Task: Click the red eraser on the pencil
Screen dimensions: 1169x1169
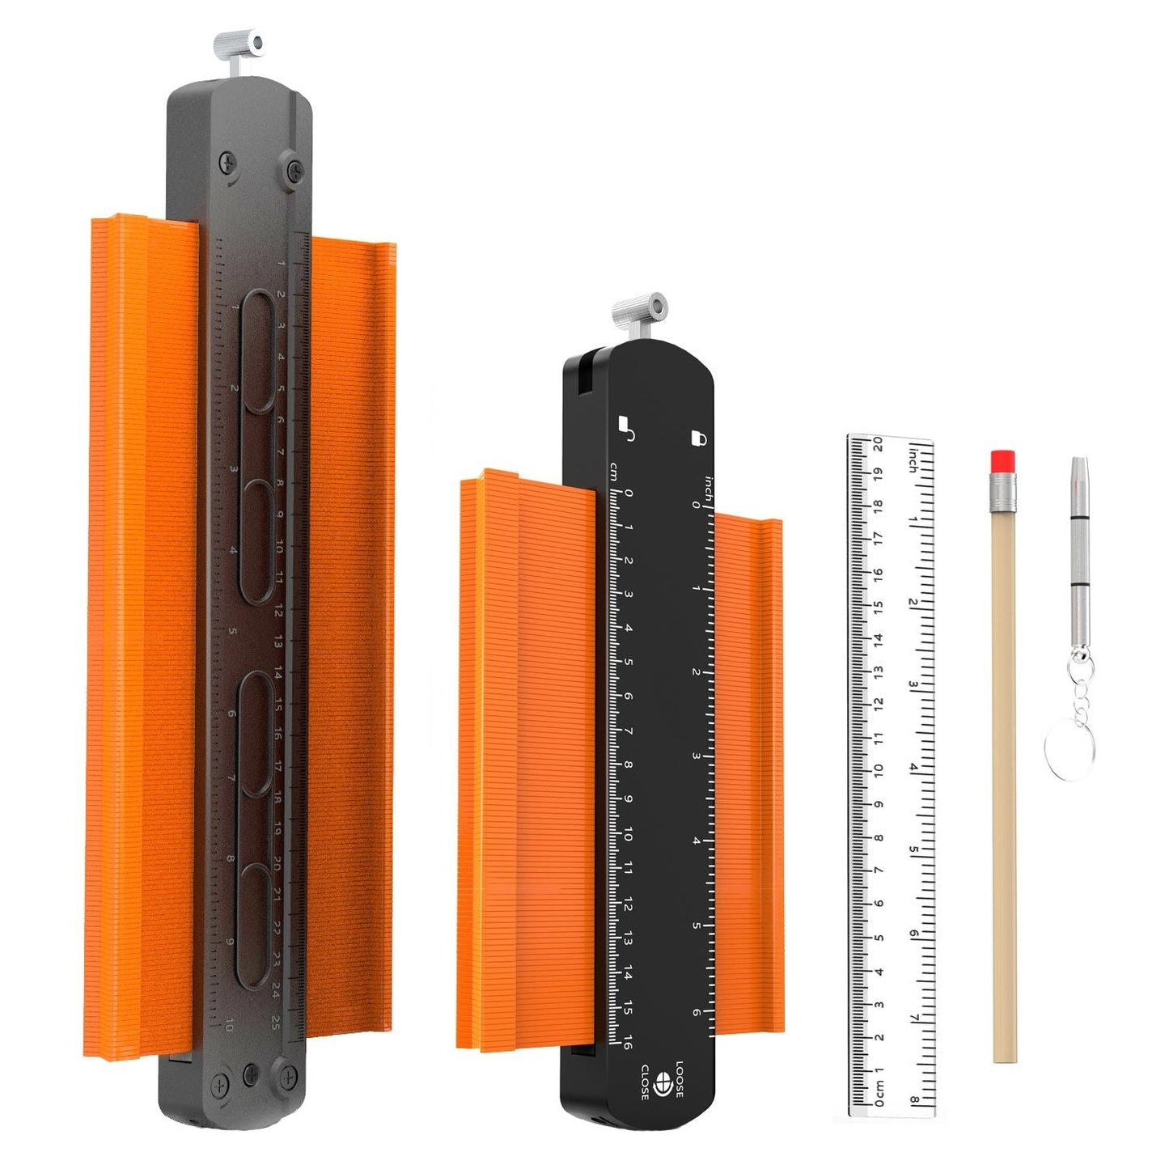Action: (1002, 460)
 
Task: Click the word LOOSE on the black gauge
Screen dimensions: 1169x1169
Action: (680, 1079)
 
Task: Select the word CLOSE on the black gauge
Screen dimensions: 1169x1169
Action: (645, 1082)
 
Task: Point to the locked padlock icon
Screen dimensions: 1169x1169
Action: (699, 438)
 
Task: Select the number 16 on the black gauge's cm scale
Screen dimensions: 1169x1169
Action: (628, 1043)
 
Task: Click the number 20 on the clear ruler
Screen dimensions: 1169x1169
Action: (878, 445)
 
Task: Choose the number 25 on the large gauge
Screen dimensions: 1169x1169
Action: (276, 1022)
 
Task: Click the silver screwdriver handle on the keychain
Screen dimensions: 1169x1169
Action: (1079, 549)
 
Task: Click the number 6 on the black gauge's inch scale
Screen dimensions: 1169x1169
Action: (696, 1012)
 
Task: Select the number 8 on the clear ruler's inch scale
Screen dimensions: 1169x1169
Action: (913, 1099)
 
